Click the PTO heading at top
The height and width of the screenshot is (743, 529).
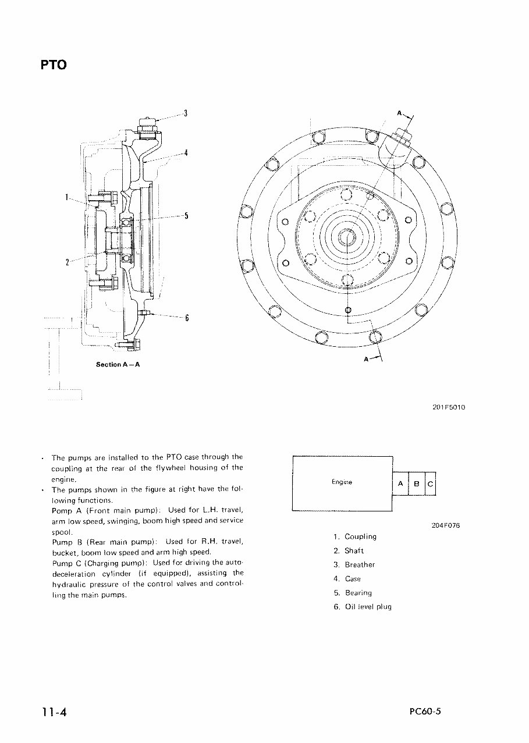pyautogui.click(x=54, y=65)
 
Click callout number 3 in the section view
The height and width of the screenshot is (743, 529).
pyautogui.click(x=185, y=113)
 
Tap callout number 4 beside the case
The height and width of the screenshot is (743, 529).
pyautogui.click(x=185, y=154)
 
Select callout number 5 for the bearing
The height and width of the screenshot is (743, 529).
pyautogui.click(x=186, y=216)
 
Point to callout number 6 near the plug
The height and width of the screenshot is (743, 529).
pyautogui.click(x=187, y=318)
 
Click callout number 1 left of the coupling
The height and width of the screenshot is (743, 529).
pyautogui.click(x=68, y=197)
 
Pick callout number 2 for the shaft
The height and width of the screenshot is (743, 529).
pyautogui.click(x=68, y=262)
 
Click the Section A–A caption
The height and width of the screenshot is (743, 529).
pyautogui.click(x=118, y=365)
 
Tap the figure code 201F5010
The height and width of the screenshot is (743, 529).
pyautogui.click(x=448, y=407)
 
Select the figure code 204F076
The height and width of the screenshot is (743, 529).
pyautogui.click(x=445, y=525)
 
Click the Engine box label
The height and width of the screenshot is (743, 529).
pyautogui.click(x=342, y=482)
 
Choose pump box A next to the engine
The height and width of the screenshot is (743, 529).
pyautogui.click(x=400, y=484)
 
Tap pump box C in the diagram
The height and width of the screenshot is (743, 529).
pyautogui.click(x=429, y=484)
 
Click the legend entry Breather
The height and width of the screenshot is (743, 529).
pyautogui.click(x=360, y=565)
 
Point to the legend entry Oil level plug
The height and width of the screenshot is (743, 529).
pyautogui.click(x=368, y=607)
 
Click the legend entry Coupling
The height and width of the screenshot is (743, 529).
pyautogui.click(x=360, y=536)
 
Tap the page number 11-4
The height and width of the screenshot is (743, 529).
pyautogui.click(x=54, y=713)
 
